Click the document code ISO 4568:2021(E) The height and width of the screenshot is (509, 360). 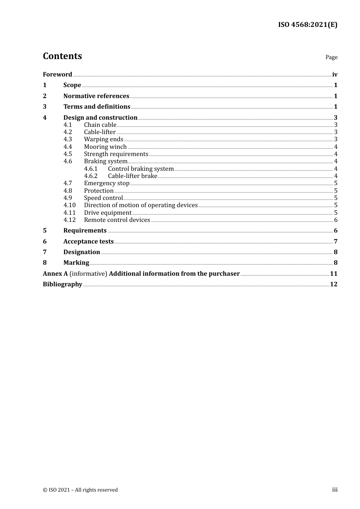click(x=308, y=25)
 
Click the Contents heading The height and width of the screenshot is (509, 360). click(x=63, y=56)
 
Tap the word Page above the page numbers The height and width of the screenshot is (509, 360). click(x=331, y=57)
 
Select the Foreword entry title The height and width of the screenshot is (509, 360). click(x=57, y=75)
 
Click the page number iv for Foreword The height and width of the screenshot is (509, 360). click(x=335, y=75)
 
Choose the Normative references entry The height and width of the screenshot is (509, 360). click(x=96, y=96)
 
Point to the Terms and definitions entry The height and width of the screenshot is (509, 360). click(x=97, y=107)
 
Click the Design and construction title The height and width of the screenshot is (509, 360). click(x=100, y=118)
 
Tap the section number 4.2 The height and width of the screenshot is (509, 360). click(x=68, y=132)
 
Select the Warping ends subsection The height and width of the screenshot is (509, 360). click(x=103, y=139)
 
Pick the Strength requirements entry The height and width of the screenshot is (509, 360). click(x=116, y=154)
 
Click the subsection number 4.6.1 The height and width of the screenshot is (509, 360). click(x=91, y=169)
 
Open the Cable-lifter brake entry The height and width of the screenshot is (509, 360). click(x=133, y=176)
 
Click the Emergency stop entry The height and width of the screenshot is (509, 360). click(x=107, y=183)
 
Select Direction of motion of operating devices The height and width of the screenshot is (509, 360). click(x=141, y=205)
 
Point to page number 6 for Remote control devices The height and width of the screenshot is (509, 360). click(x=336, y=220)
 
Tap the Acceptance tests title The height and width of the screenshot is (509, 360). click(x=89, y=242)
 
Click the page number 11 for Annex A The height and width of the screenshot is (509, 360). click(x=333, y=274)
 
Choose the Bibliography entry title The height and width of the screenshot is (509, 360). click(x=63, y=284)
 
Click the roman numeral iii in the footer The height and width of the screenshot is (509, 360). click(x=335, y=490)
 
